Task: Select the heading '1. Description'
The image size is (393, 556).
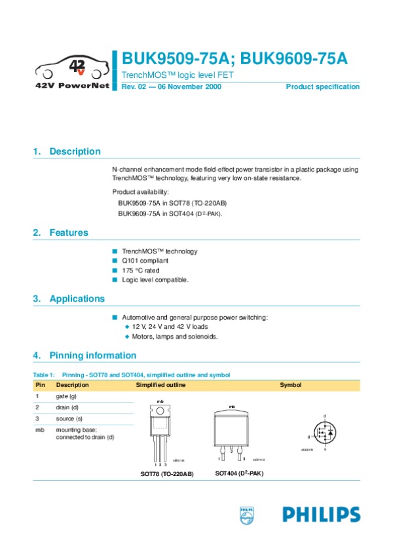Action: [x=67, y=152]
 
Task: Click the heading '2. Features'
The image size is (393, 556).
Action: [x=60, y=232]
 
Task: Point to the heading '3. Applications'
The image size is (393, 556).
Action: [x=69, y=299]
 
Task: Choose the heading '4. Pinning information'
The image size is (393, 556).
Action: [x=84, y=356]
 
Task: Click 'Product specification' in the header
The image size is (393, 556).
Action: [x=322, y=87]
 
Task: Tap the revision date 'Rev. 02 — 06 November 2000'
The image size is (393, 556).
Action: [x=172, y=87]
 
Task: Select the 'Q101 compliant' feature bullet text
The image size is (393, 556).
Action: [x=145, y=261]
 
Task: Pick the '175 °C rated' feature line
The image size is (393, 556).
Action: [x=140, y=270]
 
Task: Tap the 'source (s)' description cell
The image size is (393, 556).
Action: [x=69, y=418]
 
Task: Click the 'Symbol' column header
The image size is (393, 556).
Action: [x=290, y=385]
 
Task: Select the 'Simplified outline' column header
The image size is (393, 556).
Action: [x=160, y=385]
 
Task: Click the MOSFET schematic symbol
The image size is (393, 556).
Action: [x=325, y=433]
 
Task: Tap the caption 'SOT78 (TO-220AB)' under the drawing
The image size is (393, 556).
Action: [x=167, y=473]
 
